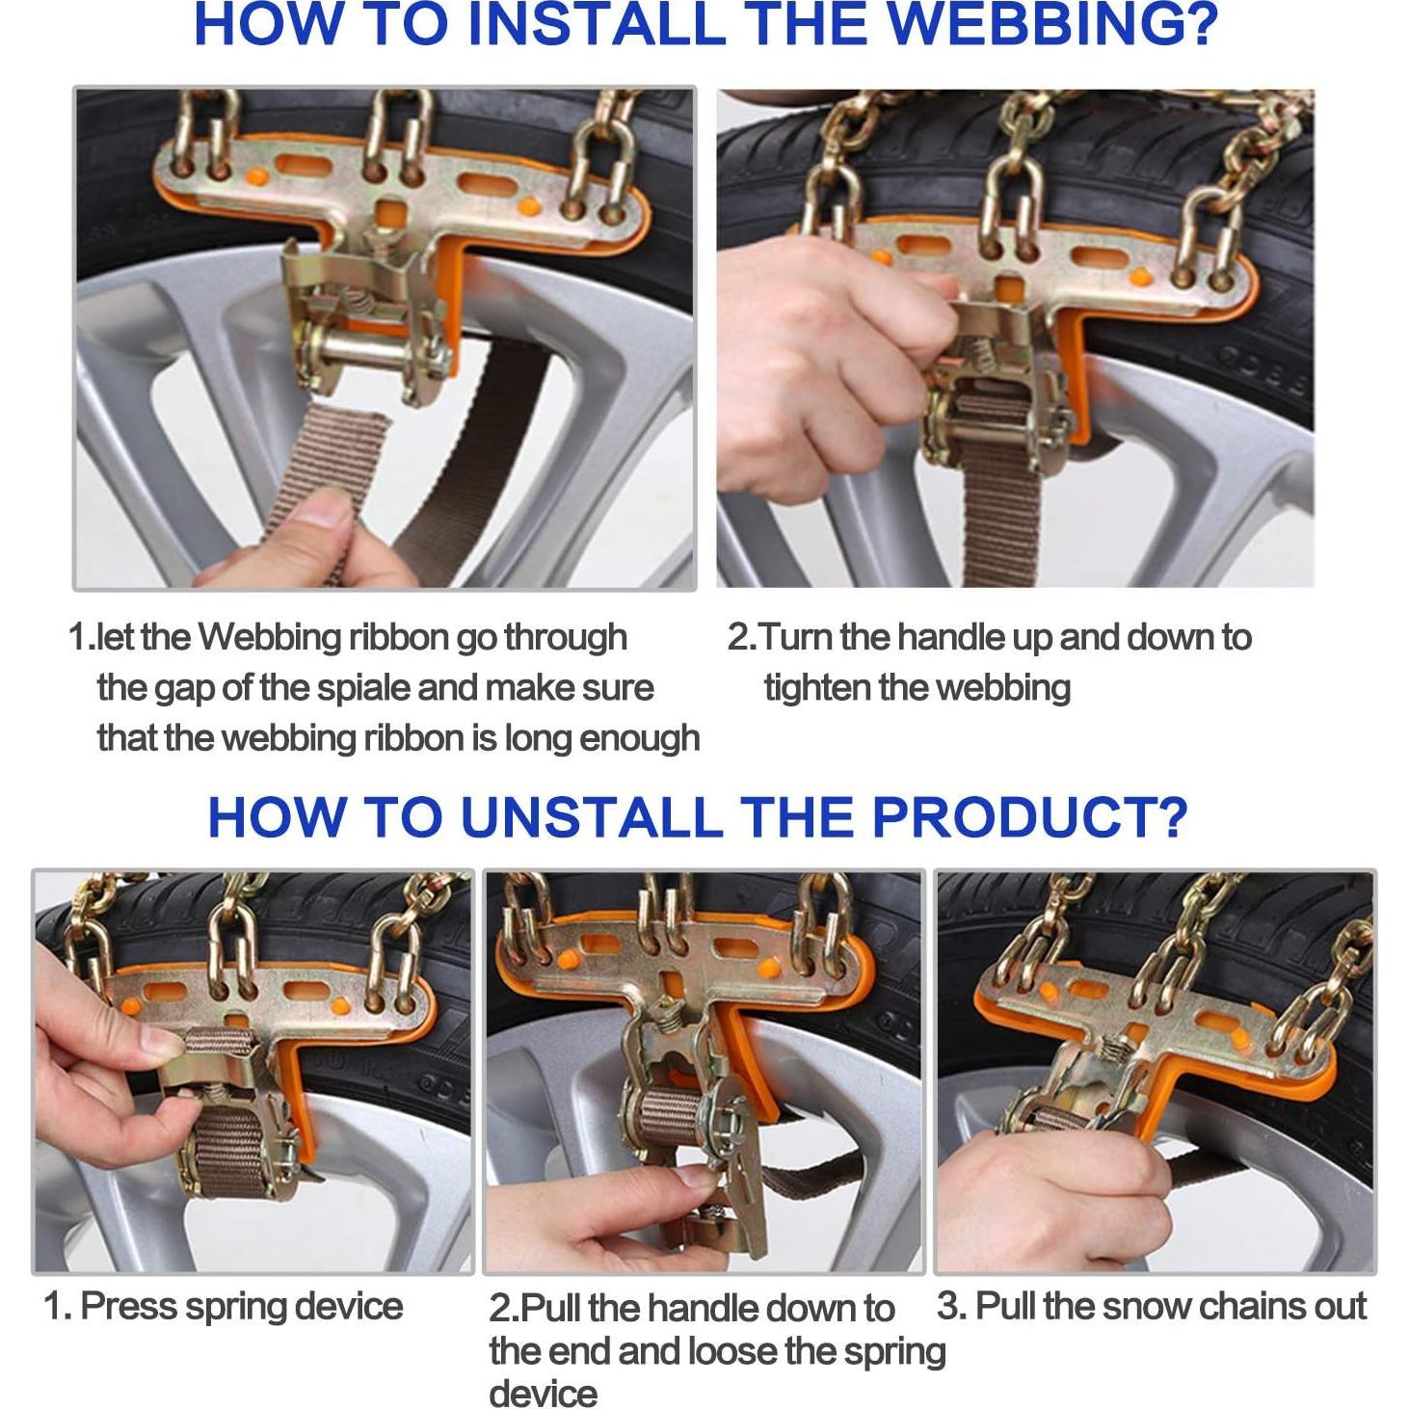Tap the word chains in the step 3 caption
point(1229,1305)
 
